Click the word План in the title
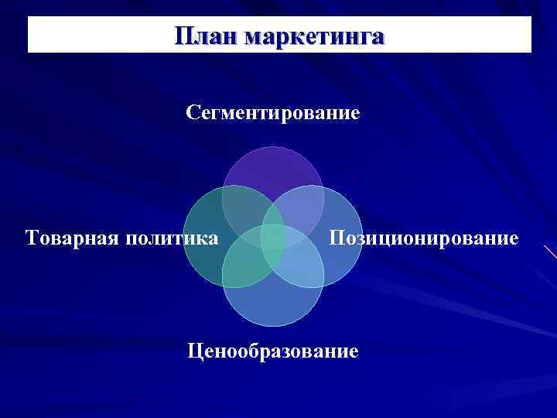tap(205, 36)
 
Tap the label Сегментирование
tap(273, 114)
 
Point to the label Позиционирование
tap(424, 237)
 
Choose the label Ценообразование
tap(273, 351)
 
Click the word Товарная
tap(70, 237)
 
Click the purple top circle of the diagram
tap(273, 166)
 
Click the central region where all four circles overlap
tap(273, 236)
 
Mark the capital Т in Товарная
tap(32, 237)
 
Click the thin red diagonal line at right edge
tap(550, 253)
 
